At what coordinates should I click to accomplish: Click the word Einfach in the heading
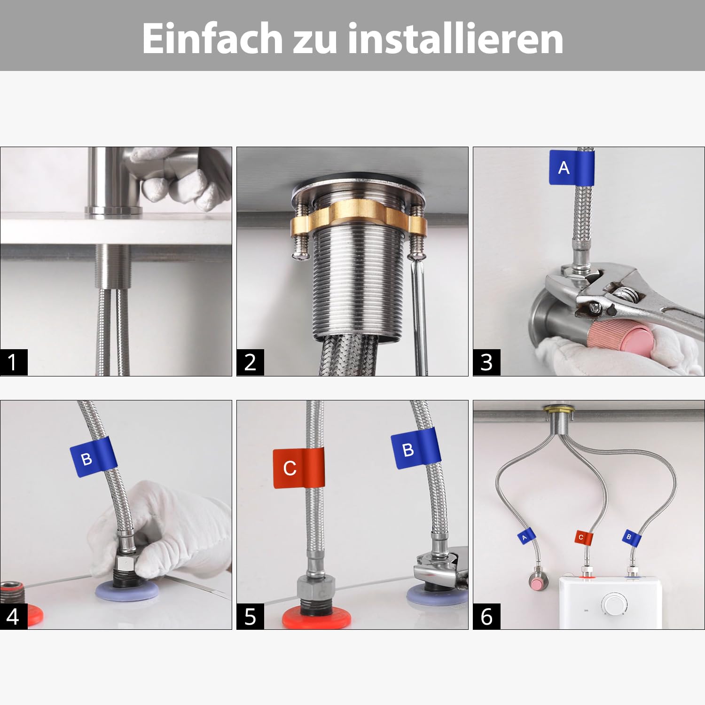click(x=212, y=38)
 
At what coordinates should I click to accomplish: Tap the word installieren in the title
click(x=455, y=38)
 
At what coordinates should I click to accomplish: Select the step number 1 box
click(x=14, y=362)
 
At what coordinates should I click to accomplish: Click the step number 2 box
click(x=250, y=362)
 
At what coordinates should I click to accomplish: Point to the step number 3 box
click(x=486, y=362)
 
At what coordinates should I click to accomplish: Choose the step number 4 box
click(x=14, y=616)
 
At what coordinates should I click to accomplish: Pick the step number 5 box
click(x=250, y=616)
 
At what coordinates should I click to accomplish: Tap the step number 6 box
click(x=486, y=616)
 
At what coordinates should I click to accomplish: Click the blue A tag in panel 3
click(x=572, y=167)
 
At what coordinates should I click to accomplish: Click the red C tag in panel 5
click(x=298, y=468)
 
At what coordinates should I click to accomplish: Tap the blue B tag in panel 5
click(x=416, y=449)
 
